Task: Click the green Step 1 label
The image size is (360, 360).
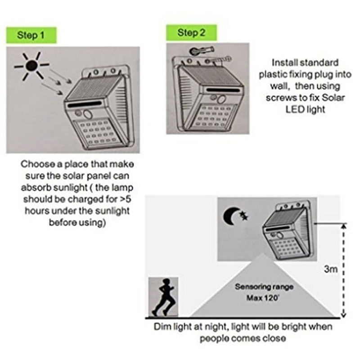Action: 31,35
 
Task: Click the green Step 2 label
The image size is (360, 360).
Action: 192,32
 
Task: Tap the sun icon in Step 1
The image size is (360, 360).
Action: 31,66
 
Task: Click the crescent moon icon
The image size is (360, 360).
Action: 230,216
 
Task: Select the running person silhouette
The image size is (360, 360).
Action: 163,297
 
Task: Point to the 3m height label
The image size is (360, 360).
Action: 331,269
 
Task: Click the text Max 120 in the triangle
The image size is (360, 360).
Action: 263,298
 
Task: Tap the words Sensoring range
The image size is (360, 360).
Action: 264,287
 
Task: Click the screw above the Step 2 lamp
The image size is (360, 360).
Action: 202,50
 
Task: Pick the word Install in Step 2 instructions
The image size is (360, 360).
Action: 284,63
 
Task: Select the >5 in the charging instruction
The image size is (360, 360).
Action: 126,199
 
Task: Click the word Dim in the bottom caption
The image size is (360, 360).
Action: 162,327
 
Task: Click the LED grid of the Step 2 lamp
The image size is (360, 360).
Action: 215,117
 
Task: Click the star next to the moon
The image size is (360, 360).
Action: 243,216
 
